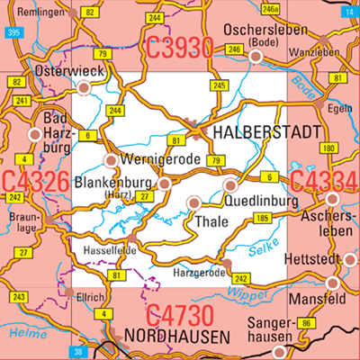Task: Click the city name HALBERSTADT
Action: [x=267, y=133]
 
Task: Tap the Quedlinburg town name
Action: [x=259, y=202]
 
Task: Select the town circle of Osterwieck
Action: [x=85, y=87]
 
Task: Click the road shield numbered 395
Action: [x=12, y=31]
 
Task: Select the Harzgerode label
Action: [x=197, y=269]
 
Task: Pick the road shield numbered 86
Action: [x=306, y=321]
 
